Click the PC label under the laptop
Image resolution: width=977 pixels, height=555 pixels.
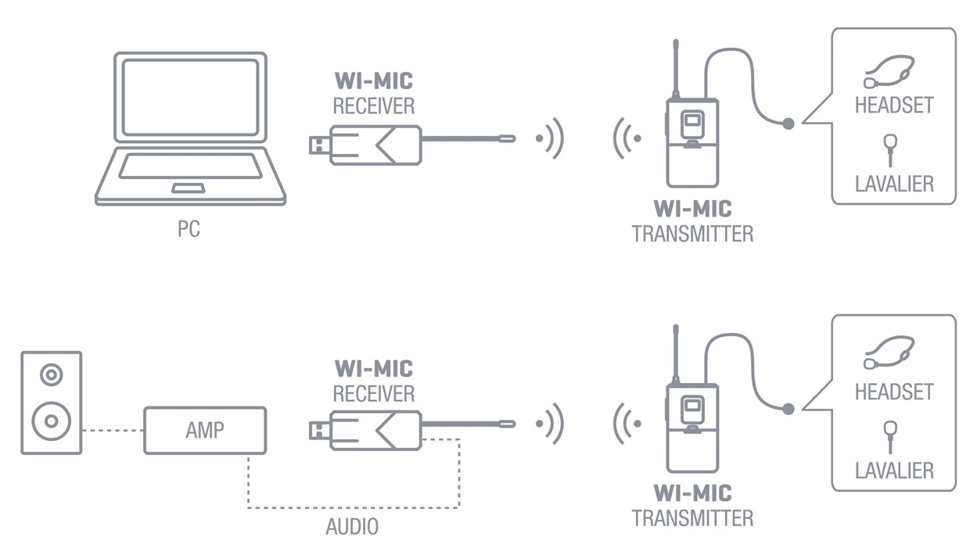coord(189,230)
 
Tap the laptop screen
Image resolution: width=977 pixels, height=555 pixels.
coord(190,98)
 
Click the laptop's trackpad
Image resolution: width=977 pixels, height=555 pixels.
coord(189,188)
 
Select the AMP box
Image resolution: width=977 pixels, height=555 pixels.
coord(205,430)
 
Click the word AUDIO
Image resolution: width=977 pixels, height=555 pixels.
coord(352,527)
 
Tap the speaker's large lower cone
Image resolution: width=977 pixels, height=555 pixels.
coord(52,421)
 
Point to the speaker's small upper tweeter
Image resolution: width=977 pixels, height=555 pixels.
coord(52,375)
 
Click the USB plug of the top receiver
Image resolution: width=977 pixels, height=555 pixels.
coord(318,145)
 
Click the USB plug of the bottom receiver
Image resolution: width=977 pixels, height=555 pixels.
coord(318,430)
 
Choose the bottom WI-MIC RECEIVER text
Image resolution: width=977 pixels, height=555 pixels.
coord(374,381)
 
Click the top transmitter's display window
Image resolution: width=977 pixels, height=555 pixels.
coord(691,122)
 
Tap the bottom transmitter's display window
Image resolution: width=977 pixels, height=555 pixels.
coord(691,408)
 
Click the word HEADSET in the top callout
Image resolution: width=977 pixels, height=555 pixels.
coord(894,105)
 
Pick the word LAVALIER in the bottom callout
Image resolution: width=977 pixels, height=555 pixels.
coord(894,471)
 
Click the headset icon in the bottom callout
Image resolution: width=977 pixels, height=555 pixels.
coord(890,352)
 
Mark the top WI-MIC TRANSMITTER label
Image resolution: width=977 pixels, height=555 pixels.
coord(692,221)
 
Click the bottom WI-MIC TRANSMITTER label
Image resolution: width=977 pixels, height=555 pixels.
coord(692,506)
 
